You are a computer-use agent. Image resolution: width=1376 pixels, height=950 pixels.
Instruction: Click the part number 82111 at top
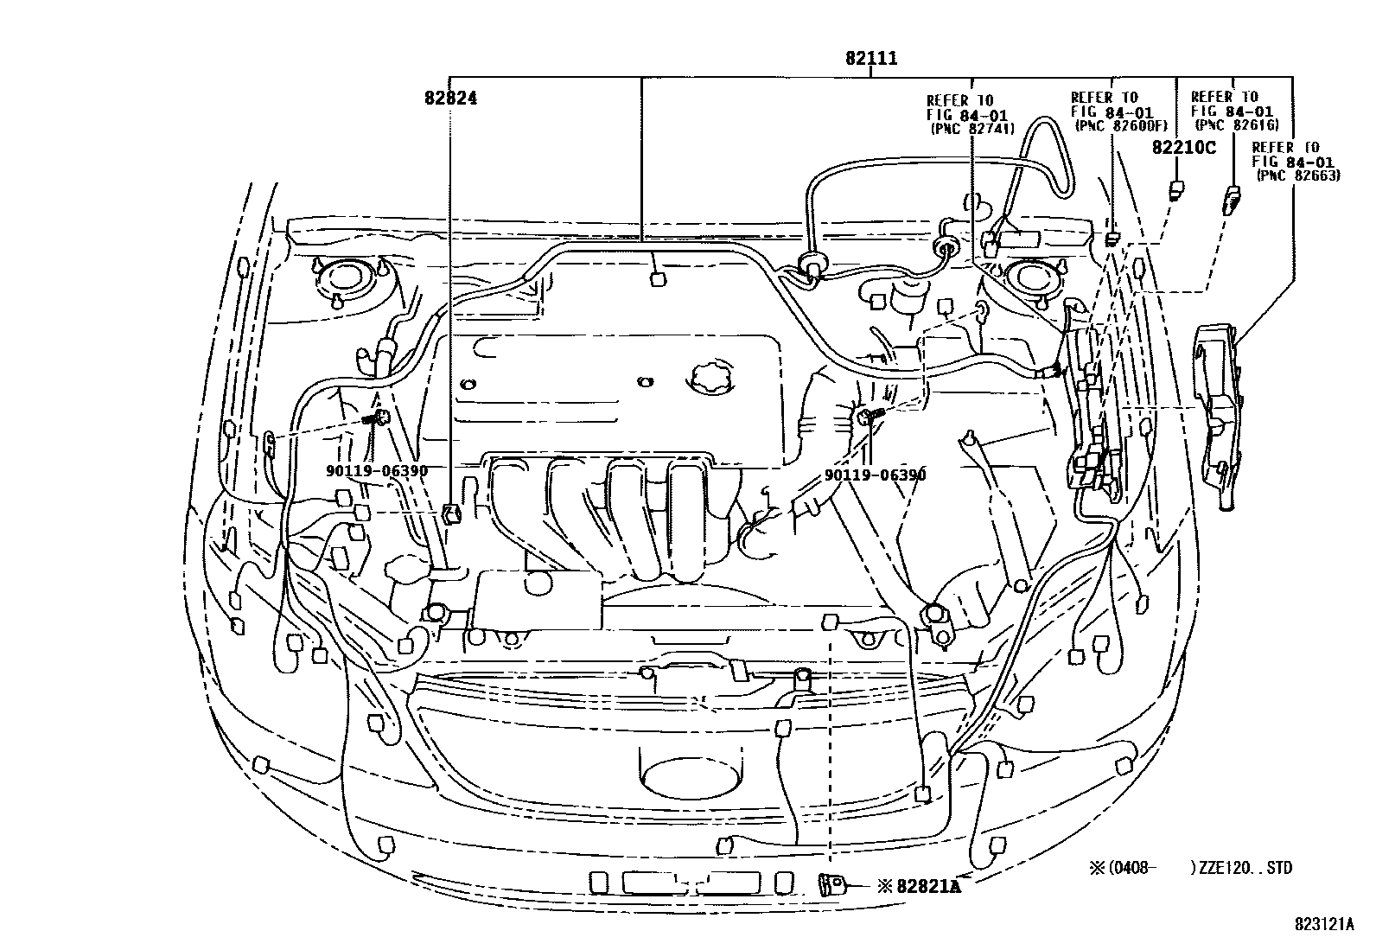[x=870, y=59]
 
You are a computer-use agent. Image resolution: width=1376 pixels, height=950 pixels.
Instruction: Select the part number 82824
[x=450, y=99]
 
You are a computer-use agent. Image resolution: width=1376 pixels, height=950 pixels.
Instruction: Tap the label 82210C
[x=1182, y=148]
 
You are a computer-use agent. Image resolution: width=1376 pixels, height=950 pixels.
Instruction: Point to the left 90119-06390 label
[x=377, y=470]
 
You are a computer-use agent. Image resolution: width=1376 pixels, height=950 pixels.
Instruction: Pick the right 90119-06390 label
[x=874, y=475]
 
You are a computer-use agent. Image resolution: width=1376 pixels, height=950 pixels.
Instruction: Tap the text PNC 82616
[x=1236, y=124]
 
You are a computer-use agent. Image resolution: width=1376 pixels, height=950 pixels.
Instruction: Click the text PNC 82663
[x=1297, y=175]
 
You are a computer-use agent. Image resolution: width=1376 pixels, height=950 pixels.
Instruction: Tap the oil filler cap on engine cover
[x=710, y=378]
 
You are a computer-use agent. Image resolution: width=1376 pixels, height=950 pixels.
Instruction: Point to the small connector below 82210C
[x=1175, y=189]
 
